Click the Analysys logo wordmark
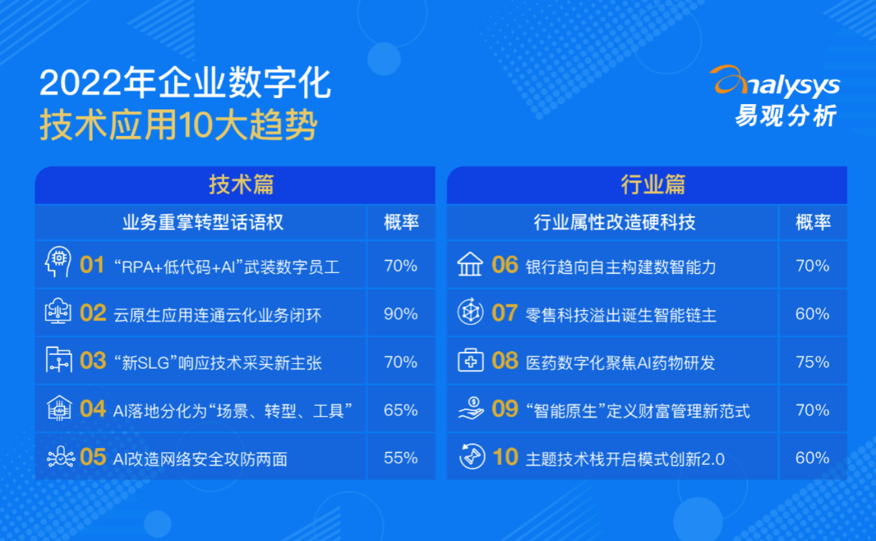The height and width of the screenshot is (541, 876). tap(775, 81)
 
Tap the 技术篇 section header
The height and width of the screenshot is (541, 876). tap(241, 185)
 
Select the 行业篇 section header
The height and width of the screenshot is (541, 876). tap(653, 185)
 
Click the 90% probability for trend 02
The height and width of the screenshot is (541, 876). tap(401, 313)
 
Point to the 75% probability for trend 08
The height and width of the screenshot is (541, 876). tap(813, 362)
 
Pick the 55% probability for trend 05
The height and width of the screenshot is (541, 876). tap(401, 458)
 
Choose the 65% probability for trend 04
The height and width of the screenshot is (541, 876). tap(401, 410)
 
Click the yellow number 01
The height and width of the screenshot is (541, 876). tap(92, 265)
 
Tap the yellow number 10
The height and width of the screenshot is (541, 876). tap(506, 457)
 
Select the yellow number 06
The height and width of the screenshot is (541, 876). tap(505, 265)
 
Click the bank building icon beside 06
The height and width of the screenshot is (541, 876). tap(470, 265)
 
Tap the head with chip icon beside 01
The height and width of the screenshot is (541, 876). tap(58, 261)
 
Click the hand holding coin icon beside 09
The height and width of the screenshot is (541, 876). tap(471, 408)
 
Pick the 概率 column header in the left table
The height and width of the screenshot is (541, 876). tap(401, 222)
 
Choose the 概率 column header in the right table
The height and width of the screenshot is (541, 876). tap(813, 222)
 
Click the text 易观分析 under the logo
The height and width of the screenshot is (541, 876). tap(786, 116)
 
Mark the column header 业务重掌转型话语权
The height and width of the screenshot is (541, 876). tap(203, 222)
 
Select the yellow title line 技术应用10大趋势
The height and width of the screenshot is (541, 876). tap(178, 124)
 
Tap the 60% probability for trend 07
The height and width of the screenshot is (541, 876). tap(813, 313)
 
